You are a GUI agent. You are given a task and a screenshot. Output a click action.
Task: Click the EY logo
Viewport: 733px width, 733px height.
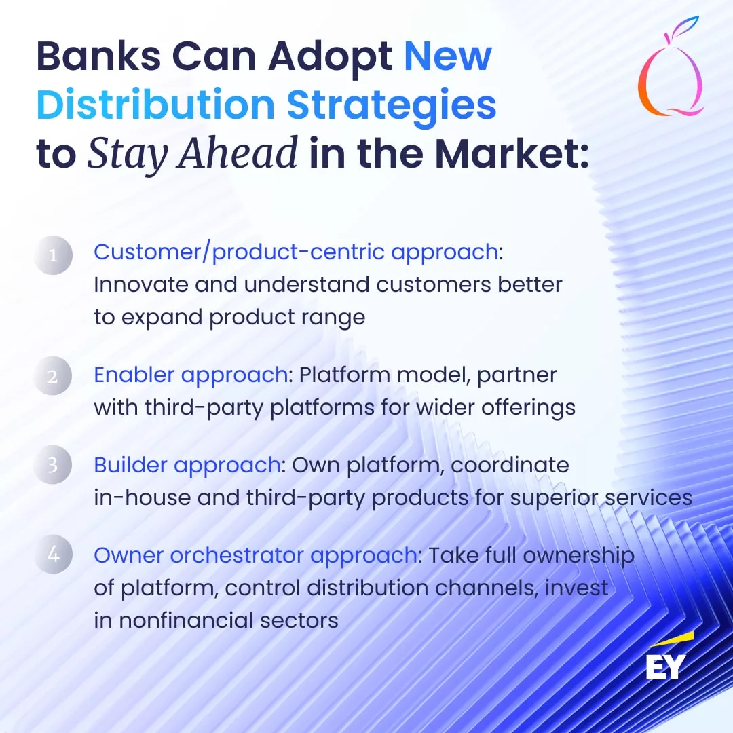(x=669, y=657)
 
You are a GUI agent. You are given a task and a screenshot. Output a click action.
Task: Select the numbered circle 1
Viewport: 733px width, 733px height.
(x=53, y=255)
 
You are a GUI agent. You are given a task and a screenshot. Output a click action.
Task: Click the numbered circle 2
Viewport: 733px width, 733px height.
(x=53, y=376)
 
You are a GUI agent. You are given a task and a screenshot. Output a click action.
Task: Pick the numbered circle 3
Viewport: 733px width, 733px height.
(x=53, y=465)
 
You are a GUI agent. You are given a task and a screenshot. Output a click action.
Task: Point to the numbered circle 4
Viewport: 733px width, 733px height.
(x=53, y=554)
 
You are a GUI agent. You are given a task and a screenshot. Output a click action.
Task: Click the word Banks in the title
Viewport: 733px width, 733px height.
(x=98, y=56)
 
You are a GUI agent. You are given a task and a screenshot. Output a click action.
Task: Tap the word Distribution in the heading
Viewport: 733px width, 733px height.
(x=155, y=104)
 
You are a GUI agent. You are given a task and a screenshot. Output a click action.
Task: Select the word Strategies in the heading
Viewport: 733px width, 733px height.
(x=392, y=106)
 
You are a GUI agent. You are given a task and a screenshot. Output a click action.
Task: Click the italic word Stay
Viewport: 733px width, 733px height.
(x=127, y=153)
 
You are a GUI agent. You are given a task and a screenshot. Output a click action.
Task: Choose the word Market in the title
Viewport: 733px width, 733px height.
(x=512, y=153)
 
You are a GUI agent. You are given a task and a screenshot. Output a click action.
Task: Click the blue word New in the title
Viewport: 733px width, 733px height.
(x=448, y=56)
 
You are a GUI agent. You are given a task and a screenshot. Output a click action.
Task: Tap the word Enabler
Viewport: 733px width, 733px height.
(x=134, y=375)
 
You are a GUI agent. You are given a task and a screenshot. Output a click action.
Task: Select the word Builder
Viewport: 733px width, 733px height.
(x=130, y=465)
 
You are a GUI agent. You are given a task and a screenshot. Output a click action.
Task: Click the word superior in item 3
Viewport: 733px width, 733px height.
(x=554, y=498)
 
